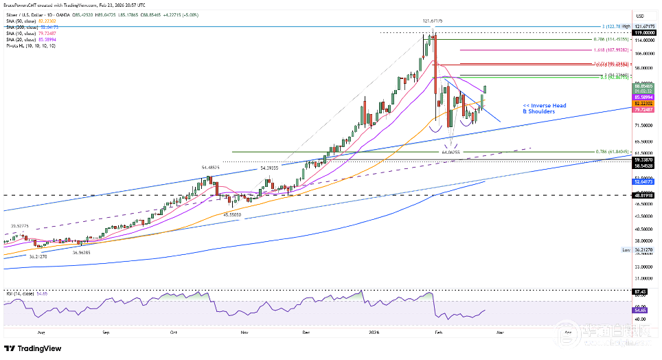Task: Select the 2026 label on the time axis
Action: [x=374, y=330]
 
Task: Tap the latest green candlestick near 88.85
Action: [x=486, y=89]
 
